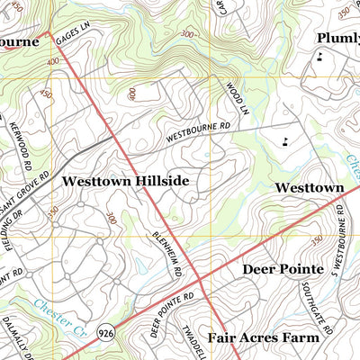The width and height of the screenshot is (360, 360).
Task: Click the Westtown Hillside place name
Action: click(125, 181)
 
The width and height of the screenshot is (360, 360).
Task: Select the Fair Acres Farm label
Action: click(263, 338)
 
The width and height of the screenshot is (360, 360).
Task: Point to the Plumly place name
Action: click(337, 38)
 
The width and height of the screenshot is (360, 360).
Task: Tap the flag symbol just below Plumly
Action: click(319, 58)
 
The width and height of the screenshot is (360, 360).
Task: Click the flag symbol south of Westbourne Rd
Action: click(285, 139)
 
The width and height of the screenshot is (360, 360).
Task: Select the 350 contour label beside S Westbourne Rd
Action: click(315, 241)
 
